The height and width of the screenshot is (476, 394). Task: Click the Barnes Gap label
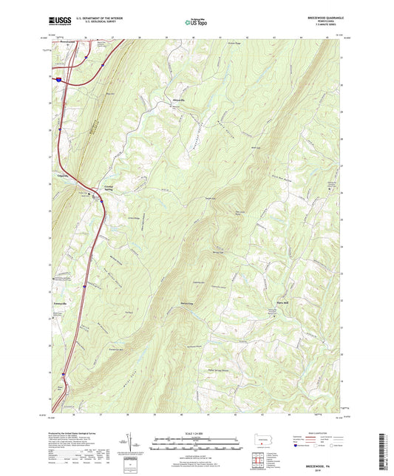pos(186,303)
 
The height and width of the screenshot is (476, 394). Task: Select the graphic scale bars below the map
pos(197,445)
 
